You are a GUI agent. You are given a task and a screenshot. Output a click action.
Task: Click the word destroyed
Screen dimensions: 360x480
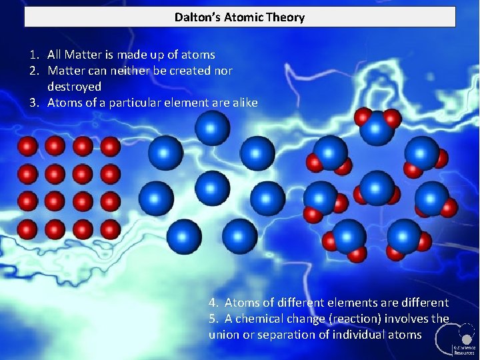coord(74,87)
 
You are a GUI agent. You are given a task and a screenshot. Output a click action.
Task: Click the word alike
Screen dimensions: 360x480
coord(243,103)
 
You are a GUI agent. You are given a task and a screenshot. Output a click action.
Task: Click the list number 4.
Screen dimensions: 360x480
coord(213,303)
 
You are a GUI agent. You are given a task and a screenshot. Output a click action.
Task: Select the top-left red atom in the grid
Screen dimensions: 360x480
coord(27,146)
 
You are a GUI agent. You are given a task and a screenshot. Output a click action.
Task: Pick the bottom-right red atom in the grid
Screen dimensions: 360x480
coord(110,229)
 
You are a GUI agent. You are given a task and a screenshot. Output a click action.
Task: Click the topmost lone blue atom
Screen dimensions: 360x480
coord(212,127)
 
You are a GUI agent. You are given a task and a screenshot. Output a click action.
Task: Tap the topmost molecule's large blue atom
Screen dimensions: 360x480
coord(378,129)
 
